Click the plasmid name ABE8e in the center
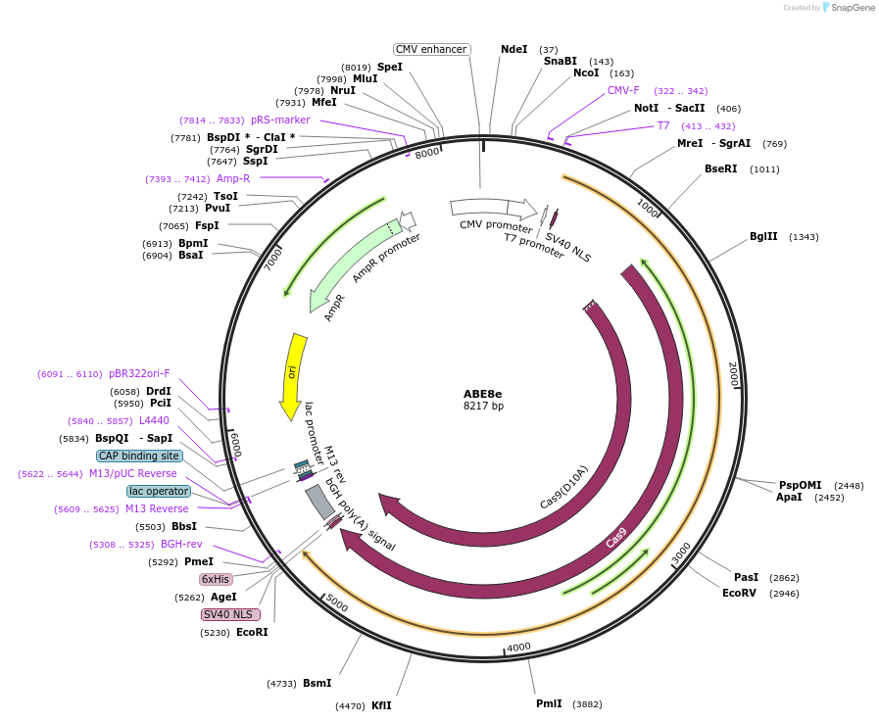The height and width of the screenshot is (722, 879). coord(483,394)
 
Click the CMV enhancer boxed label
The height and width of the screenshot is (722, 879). coord(431,49)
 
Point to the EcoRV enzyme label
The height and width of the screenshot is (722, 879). coord(740,593)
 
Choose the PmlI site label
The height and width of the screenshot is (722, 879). coord(549,703)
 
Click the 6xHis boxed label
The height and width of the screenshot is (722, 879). coord(215,579)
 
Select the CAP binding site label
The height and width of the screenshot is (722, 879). coord(139,456)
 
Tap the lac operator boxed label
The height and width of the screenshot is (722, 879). coord(158,491)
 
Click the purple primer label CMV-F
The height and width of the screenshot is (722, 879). coord(623,90)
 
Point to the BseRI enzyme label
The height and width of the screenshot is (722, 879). coord(721,168)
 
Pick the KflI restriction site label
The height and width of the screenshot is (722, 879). coord(381,705)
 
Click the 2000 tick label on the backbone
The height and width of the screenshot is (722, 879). coord(731,373)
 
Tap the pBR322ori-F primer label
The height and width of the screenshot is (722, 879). coord(139,373)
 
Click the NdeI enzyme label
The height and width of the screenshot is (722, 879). coord(513,49)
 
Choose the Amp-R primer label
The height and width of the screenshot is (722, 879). coord(233,178)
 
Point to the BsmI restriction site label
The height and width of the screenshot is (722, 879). coord(317,683)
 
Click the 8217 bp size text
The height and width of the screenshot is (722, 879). coord(483,407)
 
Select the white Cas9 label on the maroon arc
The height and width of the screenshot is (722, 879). coord(616,538)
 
